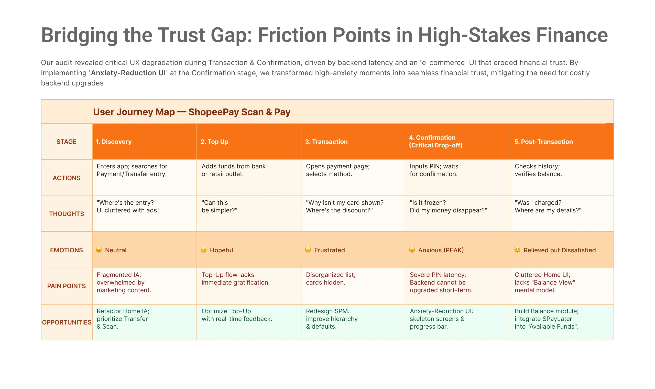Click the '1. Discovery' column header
[x=113, y=142]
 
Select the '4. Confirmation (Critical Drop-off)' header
[x=436, y=142]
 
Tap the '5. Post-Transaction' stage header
[x=543, y=142]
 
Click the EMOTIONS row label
[x=67, y=250]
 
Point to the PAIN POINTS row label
[x=67, y=286]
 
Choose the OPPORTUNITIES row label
[x=67, y=322]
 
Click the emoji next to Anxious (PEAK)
[x=412, y=250]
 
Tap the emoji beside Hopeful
[x=204, y=250]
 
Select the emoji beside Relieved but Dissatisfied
[x=517, y=250]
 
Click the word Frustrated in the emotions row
[x=329, y=250]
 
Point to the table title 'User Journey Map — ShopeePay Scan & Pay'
[x=192, y=112]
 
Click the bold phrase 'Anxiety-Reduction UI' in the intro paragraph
[x=128, y=73]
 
